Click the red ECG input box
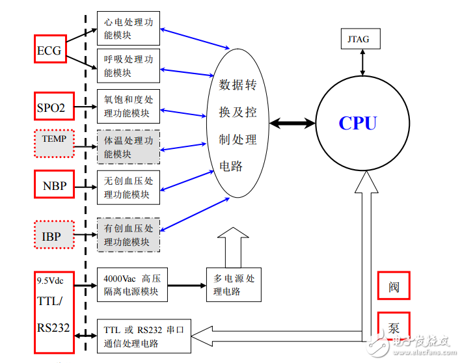[51, 49]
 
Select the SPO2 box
[53, 107]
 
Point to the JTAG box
[358, 39]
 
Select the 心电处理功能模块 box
[128, 28]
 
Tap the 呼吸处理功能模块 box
[128, 65]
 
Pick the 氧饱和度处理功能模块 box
[128, 106]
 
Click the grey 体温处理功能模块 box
[128, 147]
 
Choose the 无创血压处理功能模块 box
[128, 187]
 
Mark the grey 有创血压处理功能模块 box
[128, 234]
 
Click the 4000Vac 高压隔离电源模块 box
[131, 285]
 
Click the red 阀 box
[394, 286]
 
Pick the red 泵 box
[394, 327]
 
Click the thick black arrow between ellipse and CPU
[292, 123]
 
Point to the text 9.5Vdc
[49, 280]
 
